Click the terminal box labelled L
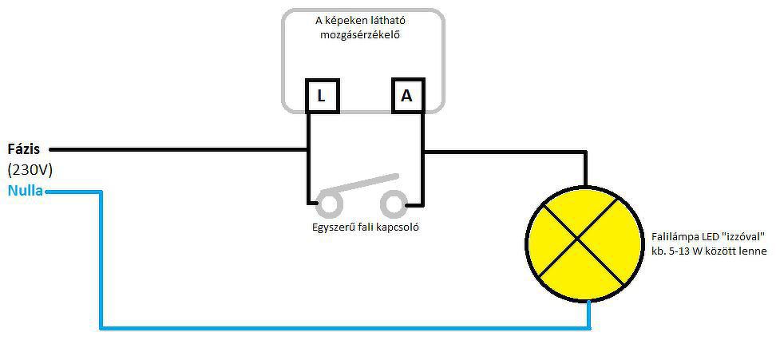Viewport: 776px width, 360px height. [x=321, y=97]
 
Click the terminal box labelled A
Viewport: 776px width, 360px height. [x=406, y=97]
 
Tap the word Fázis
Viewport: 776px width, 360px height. [x=24, y=149]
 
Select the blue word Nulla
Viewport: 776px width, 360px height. [x=26, y=191]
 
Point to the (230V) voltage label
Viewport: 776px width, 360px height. [x=30, y=169]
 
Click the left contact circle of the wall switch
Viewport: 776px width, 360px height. [x=327, y=204]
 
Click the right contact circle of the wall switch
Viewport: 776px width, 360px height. [x=393, y=204]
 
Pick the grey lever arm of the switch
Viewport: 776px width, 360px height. [x=359, y=184]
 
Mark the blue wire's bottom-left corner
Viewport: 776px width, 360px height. [x=101, y=326]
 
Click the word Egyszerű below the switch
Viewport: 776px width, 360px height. [x=336, y=227]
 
